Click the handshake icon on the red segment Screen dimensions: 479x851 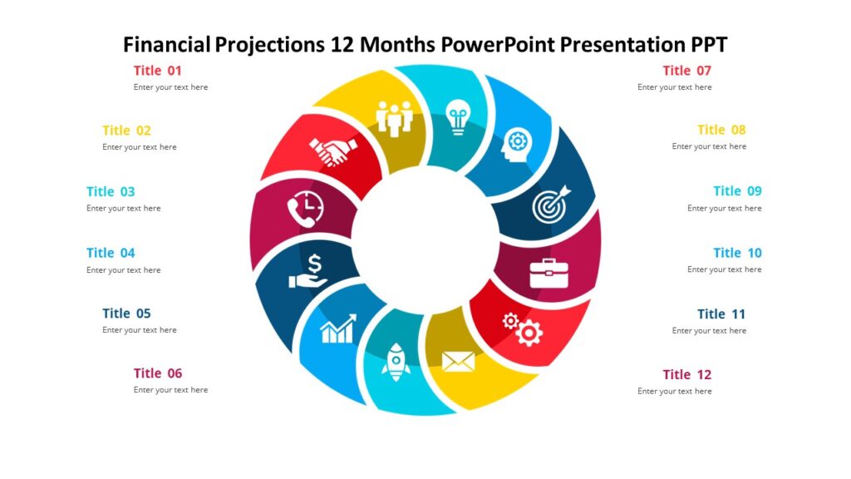point(333,151)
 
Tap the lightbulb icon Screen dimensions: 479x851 point(458,116)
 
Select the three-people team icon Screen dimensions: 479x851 point(395,117)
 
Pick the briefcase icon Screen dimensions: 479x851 point(548,272)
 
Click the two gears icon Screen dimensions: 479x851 point(523,328)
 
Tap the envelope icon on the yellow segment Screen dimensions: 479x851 point(458,361)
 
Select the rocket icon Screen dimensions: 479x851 point(396,362)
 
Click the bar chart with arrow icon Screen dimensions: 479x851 point(338,328)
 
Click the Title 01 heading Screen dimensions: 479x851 point(157,71)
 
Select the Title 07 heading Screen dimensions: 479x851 point(686,71)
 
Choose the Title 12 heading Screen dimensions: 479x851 point(686,374)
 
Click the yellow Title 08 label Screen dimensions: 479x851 point(721,130)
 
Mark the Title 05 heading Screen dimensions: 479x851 point(126,314)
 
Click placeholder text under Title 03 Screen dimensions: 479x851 point(124,209)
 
